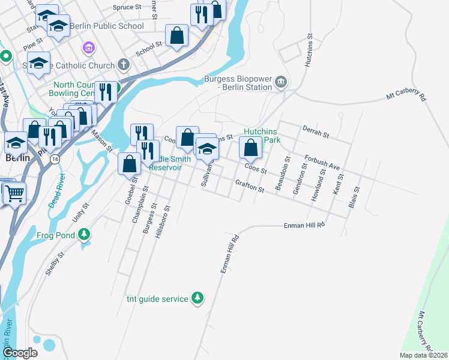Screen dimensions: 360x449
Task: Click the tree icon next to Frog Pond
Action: [85, 234]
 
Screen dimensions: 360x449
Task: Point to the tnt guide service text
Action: [157, 298]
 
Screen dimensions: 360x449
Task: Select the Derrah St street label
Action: [316, 132]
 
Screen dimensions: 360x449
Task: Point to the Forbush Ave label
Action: [322, 162]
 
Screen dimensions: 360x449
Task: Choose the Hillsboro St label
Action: [163, 223]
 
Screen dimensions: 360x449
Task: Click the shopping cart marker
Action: [14, 193]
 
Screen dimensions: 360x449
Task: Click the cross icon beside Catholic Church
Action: [123, 64]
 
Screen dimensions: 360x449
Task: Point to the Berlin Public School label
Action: [106, 26]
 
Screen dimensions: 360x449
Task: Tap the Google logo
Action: [19, 353]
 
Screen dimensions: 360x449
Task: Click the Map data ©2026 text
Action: [423, 355]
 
